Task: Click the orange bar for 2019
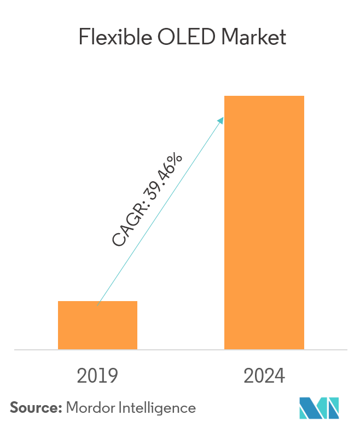pos(97,325)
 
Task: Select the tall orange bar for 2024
pos(264,222)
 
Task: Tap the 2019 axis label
pos(97,376)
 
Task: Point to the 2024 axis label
pos(264,376)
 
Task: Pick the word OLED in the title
pos(183,37)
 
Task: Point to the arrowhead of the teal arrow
pos(222,119)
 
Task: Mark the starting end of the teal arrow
pos(98,304)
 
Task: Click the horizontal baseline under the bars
pos(180,349)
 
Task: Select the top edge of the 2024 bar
pos(264,96)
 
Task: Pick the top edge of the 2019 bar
pos(97,302)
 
